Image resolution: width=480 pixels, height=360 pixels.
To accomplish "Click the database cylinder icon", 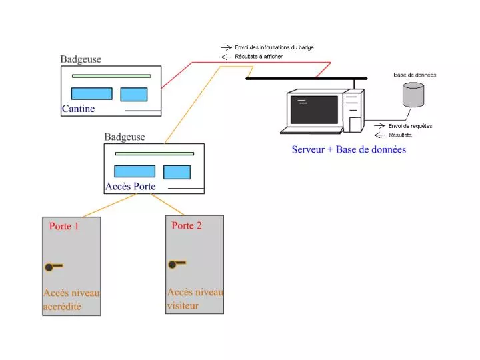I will (413, 95).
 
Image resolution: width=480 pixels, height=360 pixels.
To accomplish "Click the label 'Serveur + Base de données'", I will (349, 149).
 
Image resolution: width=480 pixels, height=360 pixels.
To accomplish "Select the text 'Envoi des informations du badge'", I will (274, 47).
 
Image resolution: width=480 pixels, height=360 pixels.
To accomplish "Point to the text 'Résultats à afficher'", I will (259, 57).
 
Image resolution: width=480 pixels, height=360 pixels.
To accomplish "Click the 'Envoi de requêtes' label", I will (411, 125).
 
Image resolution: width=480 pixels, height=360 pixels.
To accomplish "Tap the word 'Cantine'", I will (79, 109).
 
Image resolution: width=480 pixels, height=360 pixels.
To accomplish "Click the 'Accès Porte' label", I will (131, 186).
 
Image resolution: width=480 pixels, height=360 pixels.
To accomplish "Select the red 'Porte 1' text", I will (64, 226).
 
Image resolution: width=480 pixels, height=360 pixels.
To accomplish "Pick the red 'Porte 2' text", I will (187, 225).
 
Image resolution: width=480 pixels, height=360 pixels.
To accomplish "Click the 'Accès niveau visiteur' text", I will (195, 299).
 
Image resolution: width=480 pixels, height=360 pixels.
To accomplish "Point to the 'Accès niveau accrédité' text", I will (71, 300).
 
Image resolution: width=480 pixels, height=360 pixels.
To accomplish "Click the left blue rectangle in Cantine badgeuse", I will (91, 94).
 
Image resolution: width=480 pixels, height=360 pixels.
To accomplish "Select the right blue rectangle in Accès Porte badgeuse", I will (177, 172).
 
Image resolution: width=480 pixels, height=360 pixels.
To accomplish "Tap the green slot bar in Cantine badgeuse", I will (111, 76).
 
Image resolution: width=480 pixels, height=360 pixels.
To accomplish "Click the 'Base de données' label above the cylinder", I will (415, 75).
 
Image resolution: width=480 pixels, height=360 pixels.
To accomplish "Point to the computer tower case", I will (353, 110).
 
